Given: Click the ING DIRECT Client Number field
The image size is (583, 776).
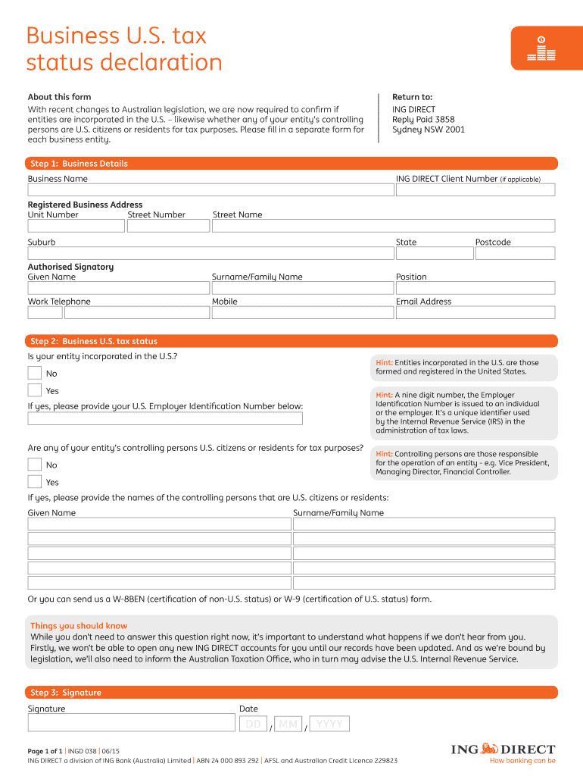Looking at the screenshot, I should point(475,191).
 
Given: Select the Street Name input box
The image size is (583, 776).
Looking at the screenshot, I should point(383,226).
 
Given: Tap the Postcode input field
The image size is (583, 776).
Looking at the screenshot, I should point(515,253).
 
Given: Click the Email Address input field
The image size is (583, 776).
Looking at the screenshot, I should point(475,312).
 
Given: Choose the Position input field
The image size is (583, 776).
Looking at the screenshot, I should point(475,288).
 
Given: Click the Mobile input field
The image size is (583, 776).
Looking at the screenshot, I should point(301,312).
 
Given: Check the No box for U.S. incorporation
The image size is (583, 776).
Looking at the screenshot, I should point(35,373).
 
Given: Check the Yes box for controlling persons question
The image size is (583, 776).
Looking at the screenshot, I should point(35,482).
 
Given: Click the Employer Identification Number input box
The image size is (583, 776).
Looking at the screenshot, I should point(165,418).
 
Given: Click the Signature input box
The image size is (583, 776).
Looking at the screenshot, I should point(131,722).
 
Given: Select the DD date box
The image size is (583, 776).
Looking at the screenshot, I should point(254,724).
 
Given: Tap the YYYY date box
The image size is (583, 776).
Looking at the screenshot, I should point(330,724).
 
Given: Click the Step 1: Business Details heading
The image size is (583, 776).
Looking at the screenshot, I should point(79,164).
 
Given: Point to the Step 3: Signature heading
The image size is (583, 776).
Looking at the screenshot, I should point(66,693).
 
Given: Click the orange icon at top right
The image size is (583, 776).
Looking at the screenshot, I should point(541,47).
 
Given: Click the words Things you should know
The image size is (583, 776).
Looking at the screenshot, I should point(79,626).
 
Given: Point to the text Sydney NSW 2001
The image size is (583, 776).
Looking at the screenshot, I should point(429,130).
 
